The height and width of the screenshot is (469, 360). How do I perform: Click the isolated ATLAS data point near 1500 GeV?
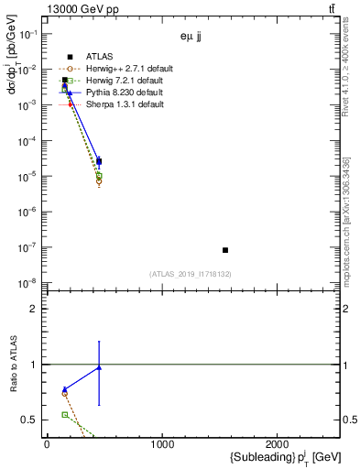pyautogui.click(x=225, y=250)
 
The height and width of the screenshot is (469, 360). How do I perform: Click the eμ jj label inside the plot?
pyautogui.click(x=191, y=38)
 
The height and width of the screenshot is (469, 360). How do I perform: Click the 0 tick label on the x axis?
pyautogui.click(x=47, y=445)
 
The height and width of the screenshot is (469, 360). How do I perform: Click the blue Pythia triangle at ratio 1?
pyautogui.click(x=98, y=367)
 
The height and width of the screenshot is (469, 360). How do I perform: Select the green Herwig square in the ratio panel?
pyautogui.click(x=64, y=415)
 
